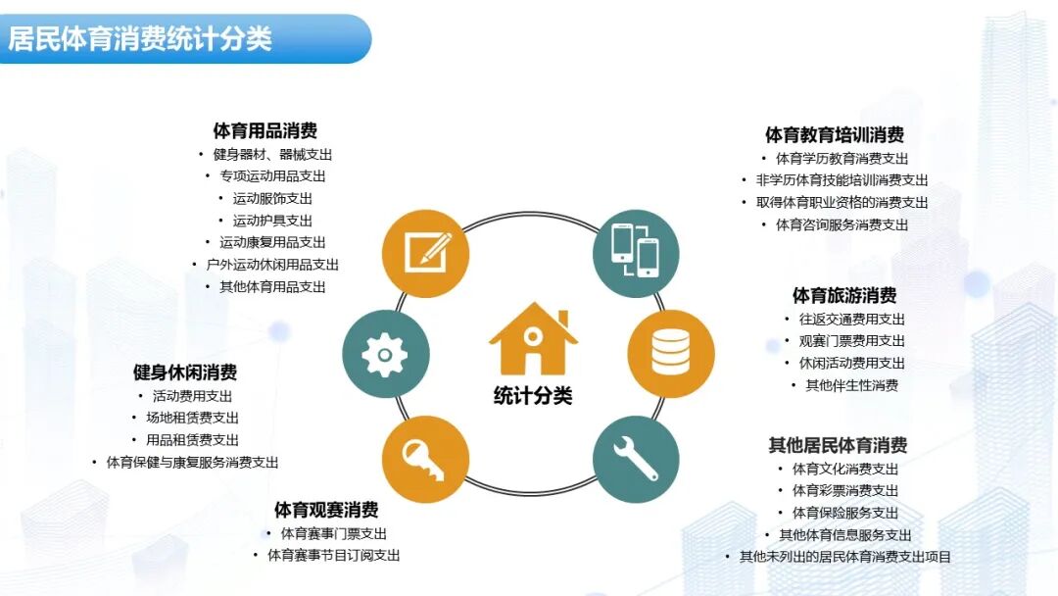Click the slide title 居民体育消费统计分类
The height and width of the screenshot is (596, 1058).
[140, 39]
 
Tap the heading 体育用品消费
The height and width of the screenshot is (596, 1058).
[264, 130]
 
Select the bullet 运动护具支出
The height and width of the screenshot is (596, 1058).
[272, 221]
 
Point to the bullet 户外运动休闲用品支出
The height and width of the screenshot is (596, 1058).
[272, 265]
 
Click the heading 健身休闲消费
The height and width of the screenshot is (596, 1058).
[185, 372]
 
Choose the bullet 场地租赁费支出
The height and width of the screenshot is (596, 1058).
[192, 418]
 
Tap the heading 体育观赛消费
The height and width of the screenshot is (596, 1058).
[326, 510]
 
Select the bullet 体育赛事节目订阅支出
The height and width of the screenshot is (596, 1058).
[333, 556]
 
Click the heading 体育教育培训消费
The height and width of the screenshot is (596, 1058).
[835, 135]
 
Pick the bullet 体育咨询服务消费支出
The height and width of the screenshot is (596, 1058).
[842, 224]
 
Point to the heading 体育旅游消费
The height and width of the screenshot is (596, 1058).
[844, 295]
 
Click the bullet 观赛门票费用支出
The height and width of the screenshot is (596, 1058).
[851, 341]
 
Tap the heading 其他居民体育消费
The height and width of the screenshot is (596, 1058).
[838, 445]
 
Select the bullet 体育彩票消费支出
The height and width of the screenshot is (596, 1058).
[844, 490]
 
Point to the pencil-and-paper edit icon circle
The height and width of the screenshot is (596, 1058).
[425, 253]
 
